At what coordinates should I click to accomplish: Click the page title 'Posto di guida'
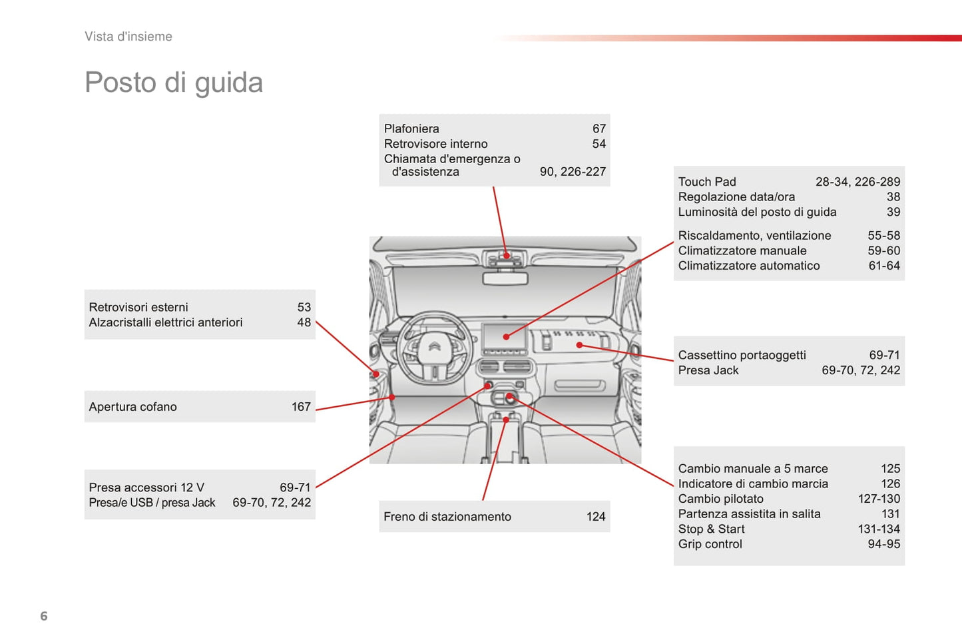[x=174, y=83]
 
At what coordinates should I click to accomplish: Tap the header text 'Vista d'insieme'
[x=128, y=37]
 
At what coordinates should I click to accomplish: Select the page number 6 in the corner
[x=44, y=616]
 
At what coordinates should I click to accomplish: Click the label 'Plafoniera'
[x=411, y=129]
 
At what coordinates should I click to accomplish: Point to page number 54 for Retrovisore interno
[x=599, y=144]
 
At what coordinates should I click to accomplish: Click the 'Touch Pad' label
[x=707, y=182]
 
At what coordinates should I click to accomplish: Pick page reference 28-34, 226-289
[x=857, y=182]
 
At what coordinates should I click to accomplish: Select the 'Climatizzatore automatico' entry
[x=749, y=266]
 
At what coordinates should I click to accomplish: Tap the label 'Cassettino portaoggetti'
[x=742, y=355]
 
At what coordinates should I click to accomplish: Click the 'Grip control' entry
[x=710, y=544]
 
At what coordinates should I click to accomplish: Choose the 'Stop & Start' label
[x=711, y=529]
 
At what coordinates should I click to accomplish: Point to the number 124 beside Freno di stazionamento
[x=596, y=517]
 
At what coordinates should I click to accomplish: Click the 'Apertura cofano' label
[x=132, y=407]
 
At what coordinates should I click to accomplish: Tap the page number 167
[x=301, y=407]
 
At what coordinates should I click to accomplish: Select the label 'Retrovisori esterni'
[x=138, y=307]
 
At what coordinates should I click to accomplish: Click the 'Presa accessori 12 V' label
[x=146, y=487]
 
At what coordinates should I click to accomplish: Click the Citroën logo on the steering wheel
[x=434, y=347]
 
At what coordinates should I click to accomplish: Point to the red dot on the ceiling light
[x=507, y=255]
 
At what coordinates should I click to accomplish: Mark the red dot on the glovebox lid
[x=579, y=345]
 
